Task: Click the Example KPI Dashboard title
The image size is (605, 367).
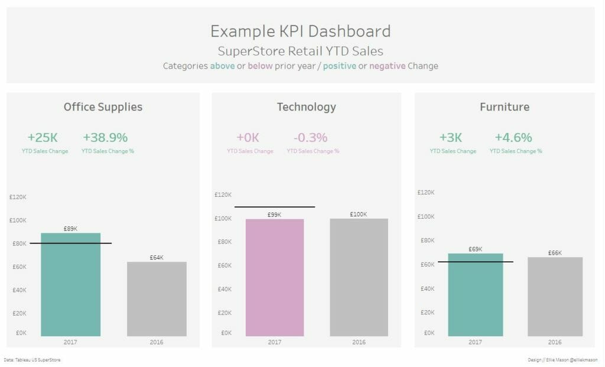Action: point(300,31)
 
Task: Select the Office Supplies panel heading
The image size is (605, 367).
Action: point(103,107)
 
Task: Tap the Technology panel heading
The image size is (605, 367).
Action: point(306,107)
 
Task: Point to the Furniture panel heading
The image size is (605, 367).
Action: point(504,107)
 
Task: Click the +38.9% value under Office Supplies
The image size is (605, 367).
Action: point(105,138)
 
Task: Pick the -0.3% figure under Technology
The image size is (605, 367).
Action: point(310,138)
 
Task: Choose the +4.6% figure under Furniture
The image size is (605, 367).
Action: point(513,138)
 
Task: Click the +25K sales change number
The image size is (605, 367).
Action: point(43,138)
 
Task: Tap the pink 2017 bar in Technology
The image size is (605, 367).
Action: point(275,278)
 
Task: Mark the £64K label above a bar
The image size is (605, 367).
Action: point(157,258)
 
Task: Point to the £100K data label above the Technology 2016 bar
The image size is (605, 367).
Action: point(358,214)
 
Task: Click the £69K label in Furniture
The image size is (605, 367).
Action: point(475,249)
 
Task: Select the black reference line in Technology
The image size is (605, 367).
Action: point(274,207)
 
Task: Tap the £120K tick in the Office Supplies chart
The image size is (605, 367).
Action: point(18,197)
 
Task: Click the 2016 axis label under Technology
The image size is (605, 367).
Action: point(359,342)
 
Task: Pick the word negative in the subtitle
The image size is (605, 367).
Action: point(387,66)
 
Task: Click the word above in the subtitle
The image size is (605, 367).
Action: point(222,66)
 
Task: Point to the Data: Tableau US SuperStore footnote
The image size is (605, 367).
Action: point(32,359)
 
